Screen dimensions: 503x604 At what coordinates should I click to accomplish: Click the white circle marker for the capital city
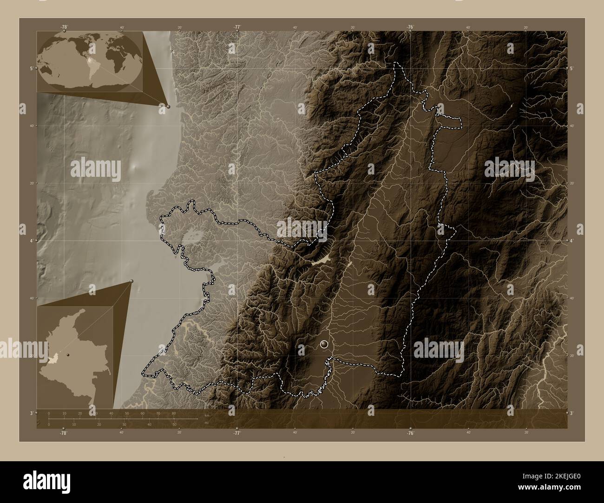click(x=324, y=344)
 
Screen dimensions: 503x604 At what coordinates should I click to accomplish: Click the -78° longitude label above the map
click(x=64, y=27)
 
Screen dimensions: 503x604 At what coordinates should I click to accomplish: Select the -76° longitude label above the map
click(x=410, y=27)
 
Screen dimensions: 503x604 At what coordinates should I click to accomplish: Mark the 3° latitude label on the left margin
click(x=31, y=413)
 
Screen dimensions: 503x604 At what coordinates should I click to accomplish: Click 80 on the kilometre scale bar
click(x=173, y=413)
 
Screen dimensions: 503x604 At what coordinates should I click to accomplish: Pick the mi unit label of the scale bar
click(x=206, y=423)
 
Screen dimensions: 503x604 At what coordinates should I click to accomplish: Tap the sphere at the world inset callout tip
click(x=168, y=106)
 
